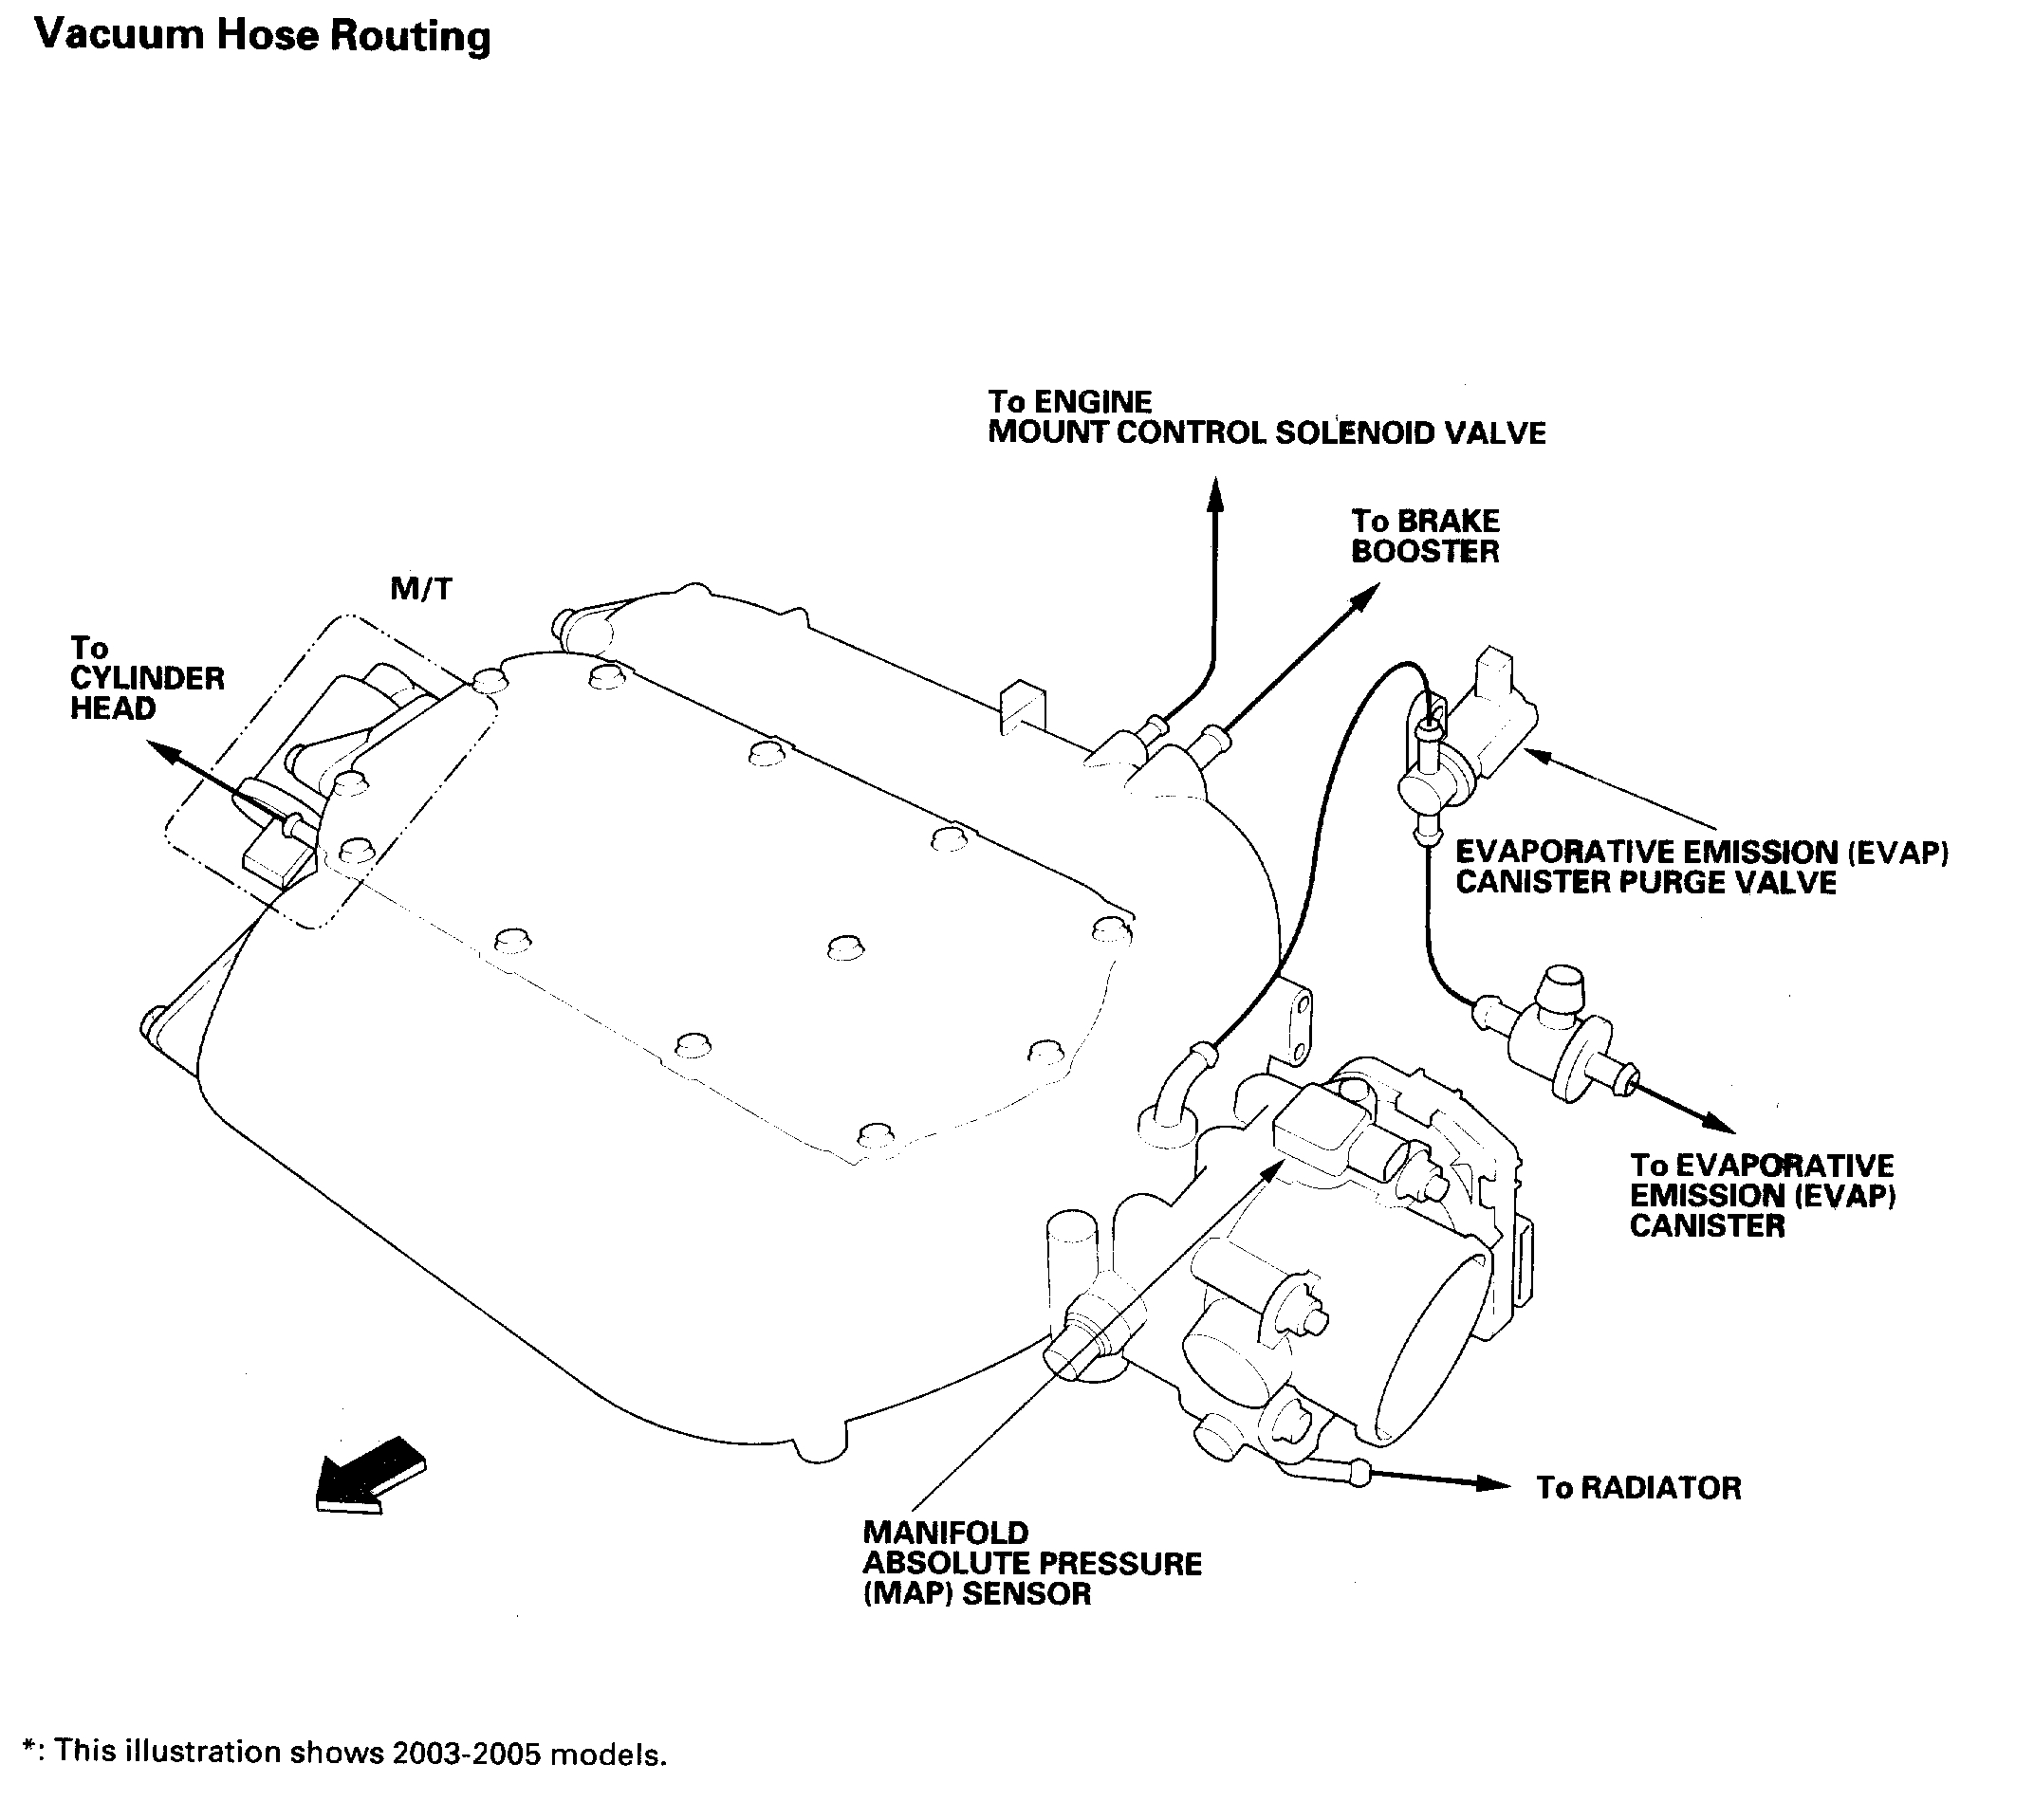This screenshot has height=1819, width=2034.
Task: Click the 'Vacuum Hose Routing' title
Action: pyautogui.click(x=262, y=36)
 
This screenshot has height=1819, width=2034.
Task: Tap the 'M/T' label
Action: pyautogui.click(x=421, y=589)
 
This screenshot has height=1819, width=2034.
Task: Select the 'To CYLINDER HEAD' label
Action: pyautogui.click(x=147, y=679)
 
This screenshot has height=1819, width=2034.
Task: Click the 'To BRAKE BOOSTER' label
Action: pyautogui.click(x=1424, y=537)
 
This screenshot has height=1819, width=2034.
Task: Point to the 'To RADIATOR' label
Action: pyautogui.click(x=1638, y=1488)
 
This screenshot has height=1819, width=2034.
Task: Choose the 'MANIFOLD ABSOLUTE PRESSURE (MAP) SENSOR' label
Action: pyautogui.click(x=1031, y=1563)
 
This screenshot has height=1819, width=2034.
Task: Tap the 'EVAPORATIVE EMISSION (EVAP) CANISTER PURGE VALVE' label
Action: pyautogui.click(x=1701, y=868)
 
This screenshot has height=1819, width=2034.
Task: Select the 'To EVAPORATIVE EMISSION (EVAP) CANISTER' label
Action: pyautogui.click(x=1761, y=1195)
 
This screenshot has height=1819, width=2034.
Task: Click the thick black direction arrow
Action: pyautogui.click(x=370, y=1478)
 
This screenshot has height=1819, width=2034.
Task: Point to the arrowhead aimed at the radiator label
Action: pyautogui.click(x=1493, y=1484)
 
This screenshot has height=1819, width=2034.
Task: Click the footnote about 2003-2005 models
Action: pyautogui.click(x=344, y=1753)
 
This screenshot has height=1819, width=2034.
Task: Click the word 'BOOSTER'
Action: pyautogui.click(x=1424, y=553)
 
